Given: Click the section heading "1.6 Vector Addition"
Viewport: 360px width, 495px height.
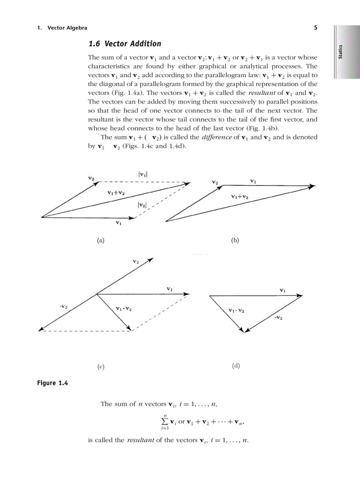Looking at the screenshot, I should click(124, 44).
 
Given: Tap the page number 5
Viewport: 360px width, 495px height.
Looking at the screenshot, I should click(315, 28).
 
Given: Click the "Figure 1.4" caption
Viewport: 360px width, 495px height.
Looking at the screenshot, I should click(52, 383).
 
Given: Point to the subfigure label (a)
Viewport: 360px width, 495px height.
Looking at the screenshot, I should click(101, 240).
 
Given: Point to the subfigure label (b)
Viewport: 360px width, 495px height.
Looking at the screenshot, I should click(235, 240).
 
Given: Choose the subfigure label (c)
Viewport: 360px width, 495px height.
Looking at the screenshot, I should click(101, 366).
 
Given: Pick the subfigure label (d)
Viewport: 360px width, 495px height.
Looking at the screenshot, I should click(236, 366).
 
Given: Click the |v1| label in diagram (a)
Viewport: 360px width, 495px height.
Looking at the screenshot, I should click(143, 174).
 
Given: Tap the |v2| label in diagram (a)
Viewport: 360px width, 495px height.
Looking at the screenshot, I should click(142, 205).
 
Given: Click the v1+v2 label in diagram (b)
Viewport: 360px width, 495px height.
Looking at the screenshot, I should click(240, 197).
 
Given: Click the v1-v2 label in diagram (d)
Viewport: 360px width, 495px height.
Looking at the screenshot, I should click(236, 311).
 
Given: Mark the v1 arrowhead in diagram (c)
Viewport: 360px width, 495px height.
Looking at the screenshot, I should click(187, 294).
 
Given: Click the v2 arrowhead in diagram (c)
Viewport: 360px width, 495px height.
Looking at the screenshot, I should click(150, 259).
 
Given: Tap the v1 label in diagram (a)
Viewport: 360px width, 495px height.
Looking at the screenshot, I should click(118, 223).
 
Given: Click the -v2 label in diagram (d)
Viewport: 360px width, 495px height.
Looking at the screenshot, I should click(278, 317).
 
